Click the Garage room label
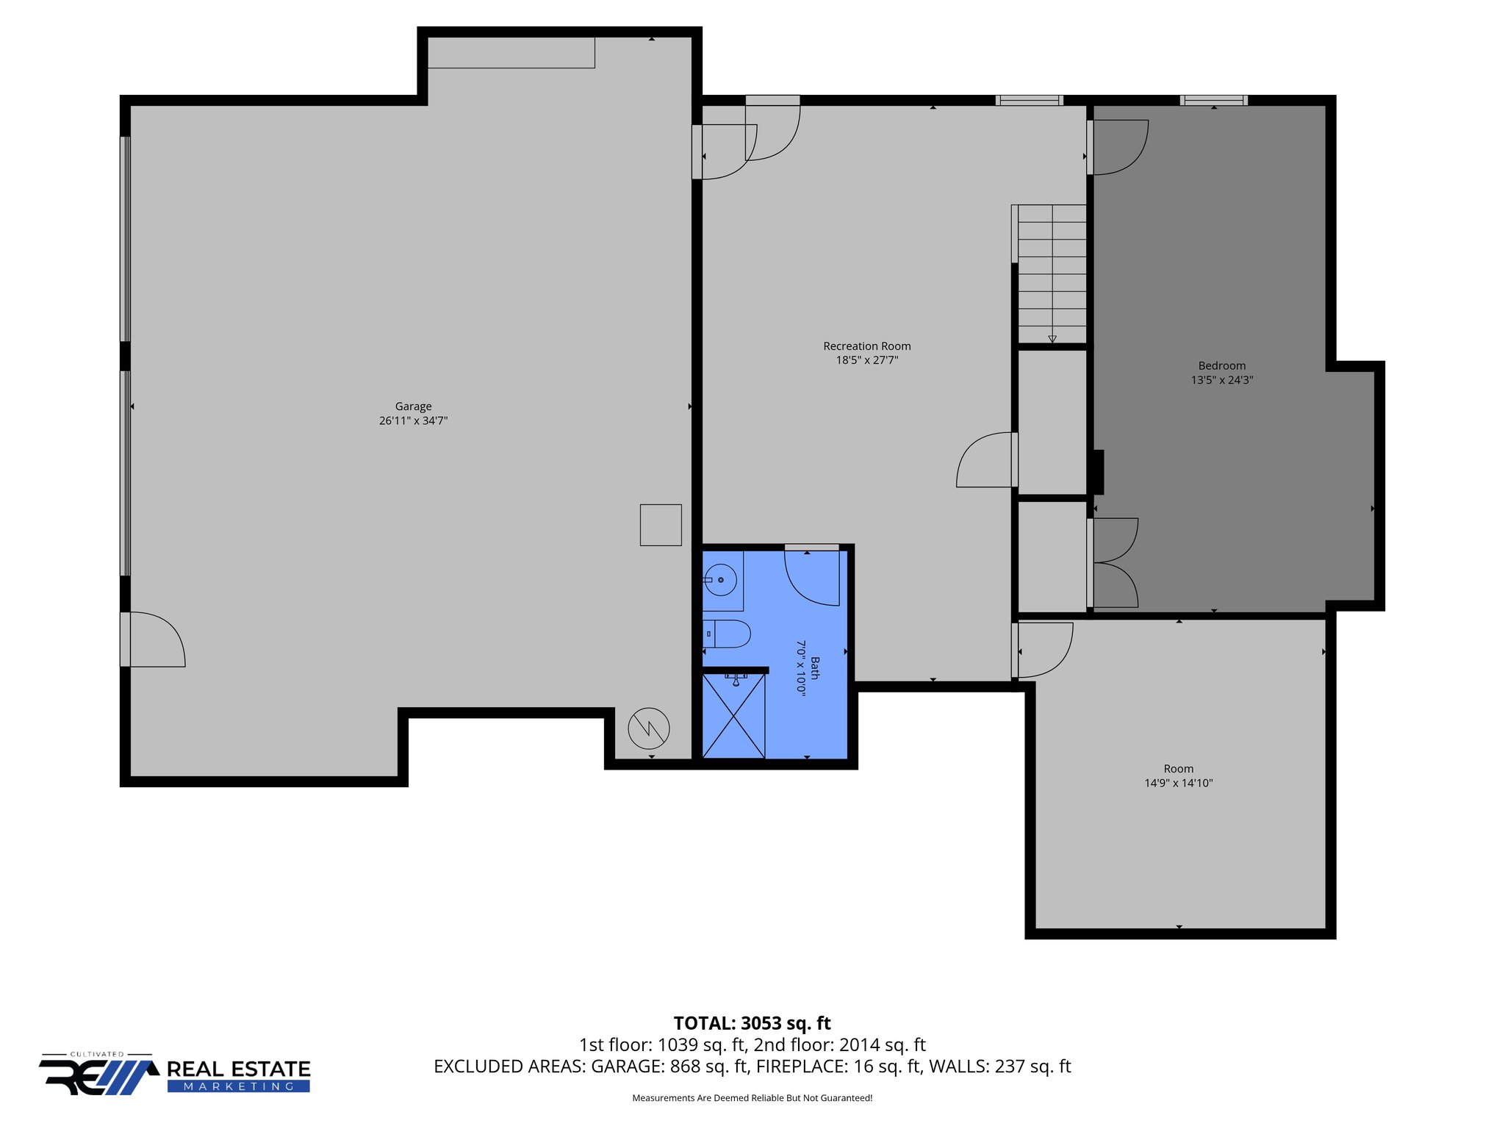(413, 406)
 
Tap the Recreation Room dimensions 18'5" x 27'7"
(866, 360)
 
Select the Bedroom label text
(1221, 366)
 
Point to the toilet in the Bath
(728, 634)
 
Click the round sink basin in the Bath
(721, 580)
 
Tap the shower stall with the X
(733, 716)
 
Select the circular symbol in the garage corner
(649, 728)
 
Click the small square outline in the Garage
(661, 525)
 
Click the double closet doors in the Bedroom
(1113, 563)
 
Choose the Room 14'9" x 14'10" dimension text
(1178, 784)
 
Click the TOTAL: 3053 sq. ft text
(752, 1023)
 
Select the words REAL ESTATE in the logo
(239, 1069)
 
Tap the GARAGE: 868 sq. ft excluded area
(669, 1067)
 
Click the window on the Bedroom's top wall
(1213, 101)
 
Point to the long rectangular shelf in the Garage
(511, 53)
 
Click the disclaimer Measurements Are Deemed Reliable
(752, 1098)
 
